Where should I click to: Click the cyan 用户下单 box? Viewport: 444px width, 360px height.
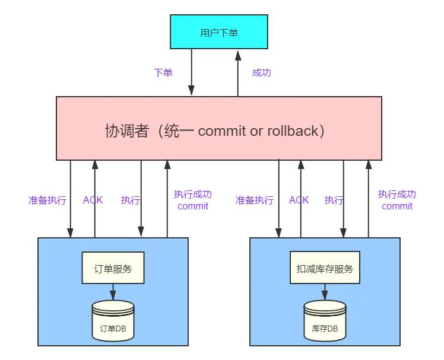coord(218,32)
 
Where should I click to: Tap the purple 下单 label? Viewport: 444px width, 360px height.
coord(163,73)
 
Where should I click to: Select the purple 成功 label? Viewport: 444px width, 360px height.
coord(261,73)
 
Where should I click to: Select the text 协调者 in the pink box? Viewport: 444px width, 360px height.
coord(126,130)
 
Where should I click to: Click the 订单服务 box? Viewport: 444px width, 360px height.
coord(113,269)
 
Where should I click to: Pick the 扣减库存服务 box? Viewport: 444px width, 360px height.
coord(325,269)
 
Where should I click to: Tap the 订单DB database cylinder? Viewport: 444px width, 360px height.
coord(113,320)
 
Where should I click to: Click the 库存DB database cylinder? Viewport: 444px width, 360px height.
coord(325,320)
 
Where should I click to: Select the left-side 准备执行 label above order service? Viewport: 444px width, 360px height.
coord(47,200)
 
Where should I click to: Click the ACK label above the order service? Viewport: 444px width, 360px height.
coord(93,200)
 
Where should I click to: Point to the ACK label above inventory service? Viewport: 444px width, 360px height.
coord(299,200)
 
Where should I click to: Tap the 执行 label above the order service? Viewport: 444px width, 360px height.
coord(131,200)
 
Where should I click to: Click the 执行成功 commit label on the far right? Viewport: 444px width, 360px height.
coord(397,200)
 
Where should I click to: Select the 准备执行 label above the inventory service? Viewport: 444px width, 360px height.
coord(255,200)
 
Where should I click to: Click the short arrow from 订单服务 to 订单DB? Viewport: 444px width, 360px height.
coord(113,291)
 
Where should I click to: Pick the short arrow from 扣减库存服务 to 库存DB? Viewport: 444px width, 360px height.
coord(325,291)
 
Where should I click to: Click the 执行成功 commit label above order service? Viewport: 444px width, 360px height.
coord(193,200)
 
